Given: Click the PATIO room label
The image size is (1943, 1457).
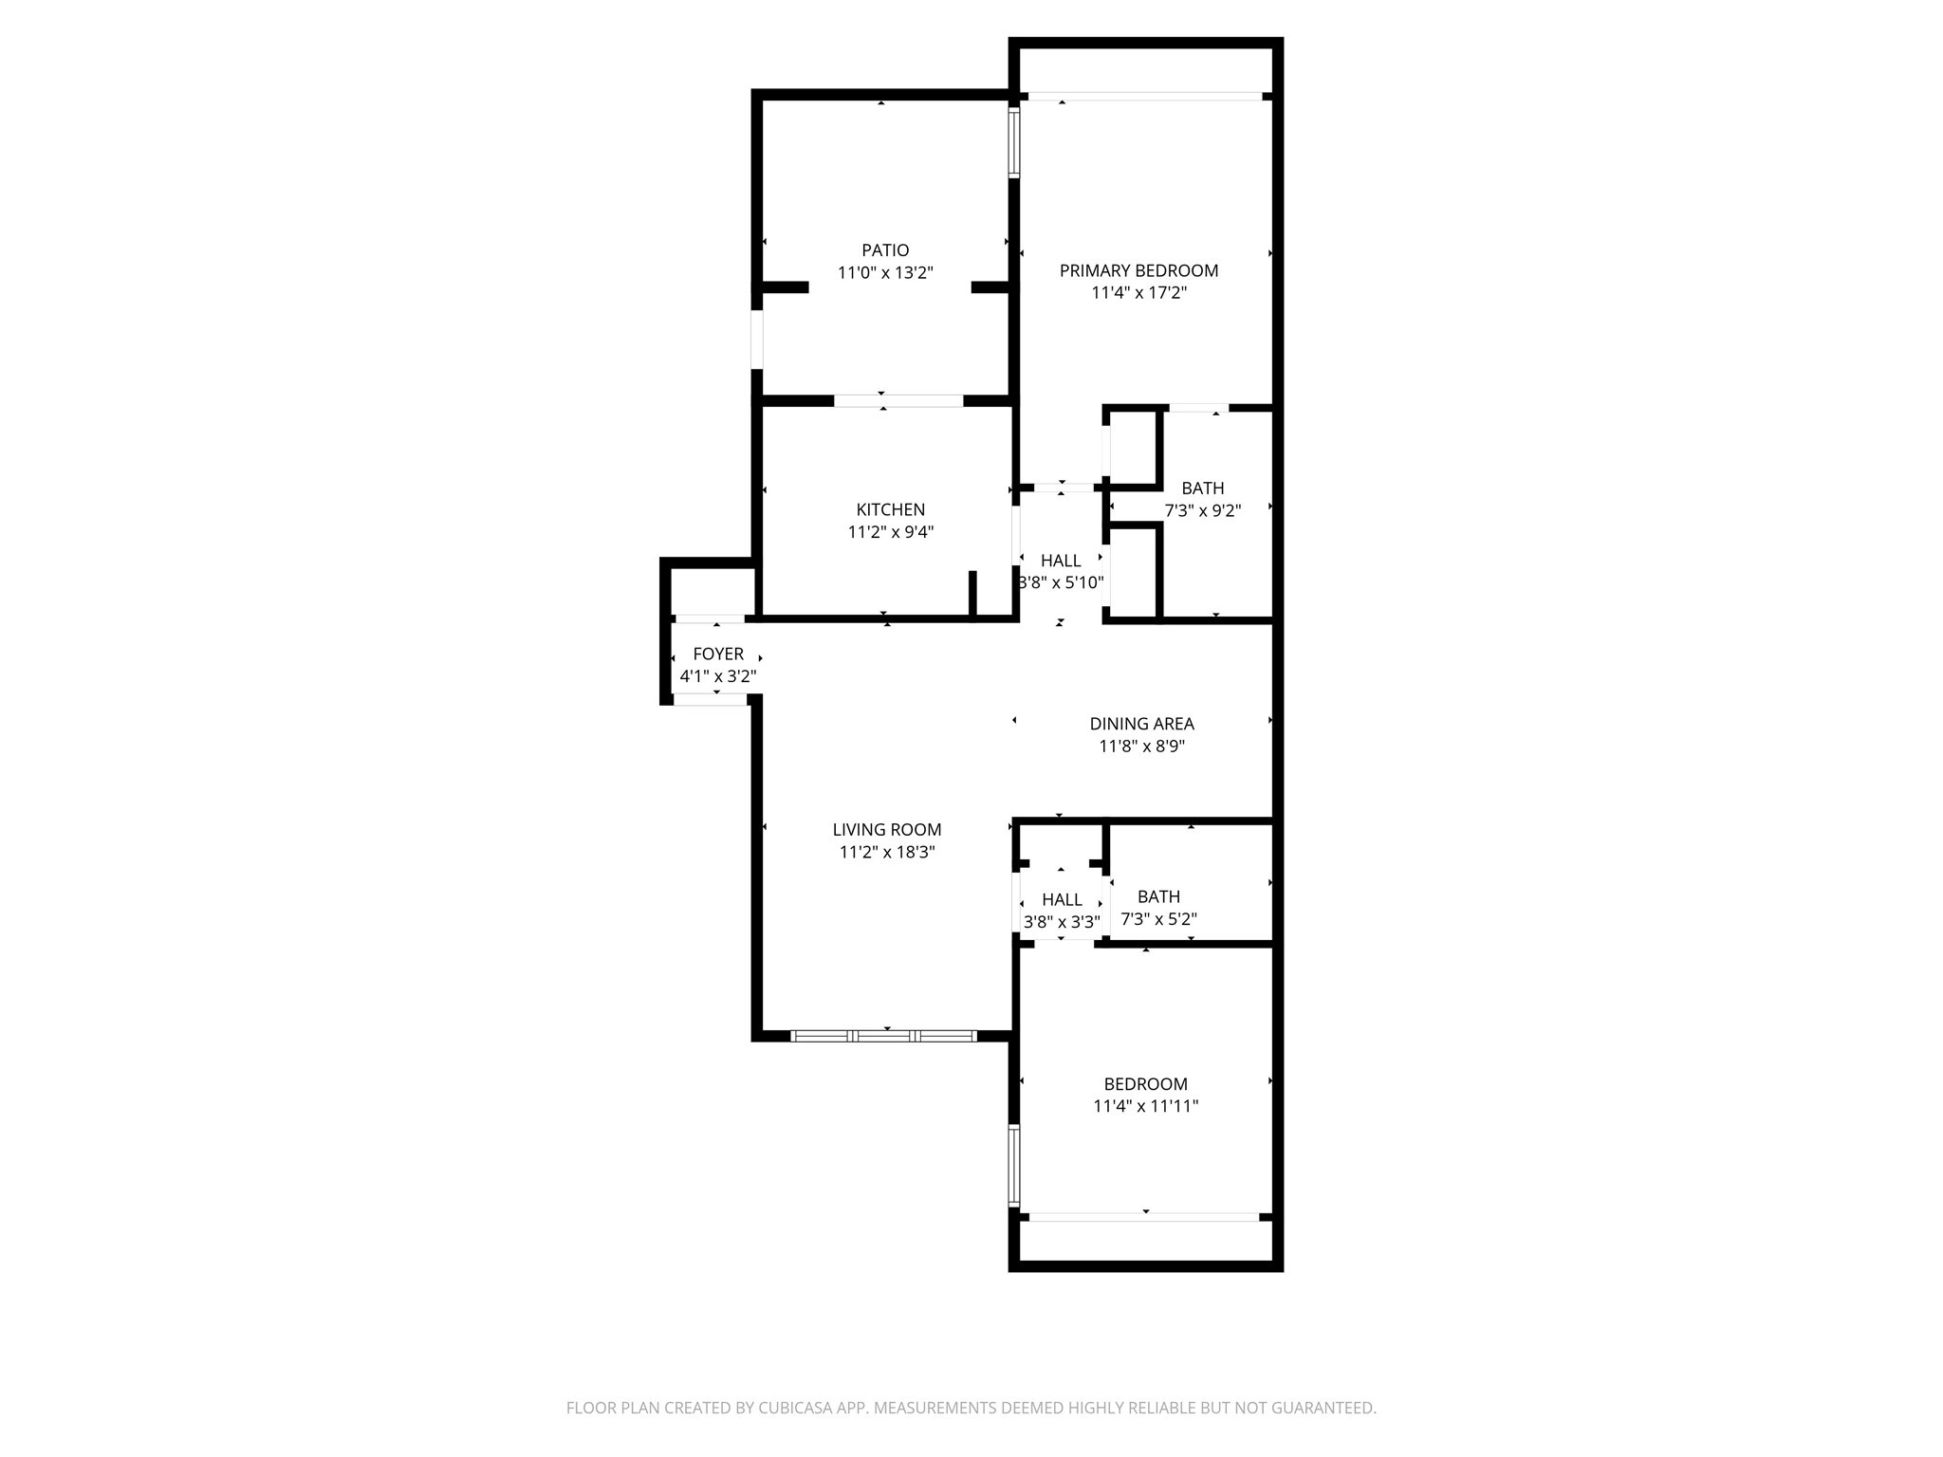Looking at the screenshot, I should (885, 250).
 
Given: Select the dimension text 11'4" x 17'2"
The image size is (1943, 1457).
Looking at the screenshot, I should (1138, 293).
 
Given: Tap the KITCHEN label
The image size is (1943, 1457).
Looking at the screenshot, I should (890, 510).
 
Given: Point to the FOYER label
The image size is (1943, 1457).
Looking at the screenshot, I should (718, 655).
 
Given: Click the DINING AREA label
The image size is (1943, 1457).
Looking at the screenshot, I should (1141, 724).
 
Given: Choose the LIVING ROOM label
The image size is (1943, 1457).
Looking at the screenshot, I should (887, 830).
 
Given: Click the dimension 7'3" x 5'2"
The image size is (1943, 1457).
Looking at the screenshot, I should (1158, 919).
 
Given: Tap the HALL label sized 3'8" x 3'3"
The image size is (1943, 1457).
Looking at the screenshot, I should (1062, 900).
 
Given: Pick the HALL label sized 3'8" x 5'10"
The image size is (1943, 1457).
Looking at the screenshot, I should (1061, 561).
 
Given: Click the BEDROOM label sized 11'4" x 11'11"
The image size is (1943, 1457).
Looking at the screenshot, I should (1145, 1084).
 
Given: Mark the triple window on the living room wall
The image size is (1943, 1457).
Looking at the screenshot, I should (883, 1036).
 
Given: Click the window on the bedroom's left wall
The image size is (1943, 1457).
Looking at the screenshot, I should (1013, 1165).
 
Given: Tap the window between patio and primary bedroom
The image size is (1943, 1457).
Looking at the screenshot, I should (1013, 143).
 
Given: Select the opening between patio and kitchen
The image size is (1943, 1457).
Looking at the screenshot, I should (898, 401).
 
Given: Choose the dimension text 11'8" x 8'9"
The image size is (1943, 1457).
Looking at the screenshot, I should (1141, 747).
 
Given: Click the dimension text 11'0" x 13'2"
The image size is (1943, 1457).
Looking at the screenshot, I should (885, 273).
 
